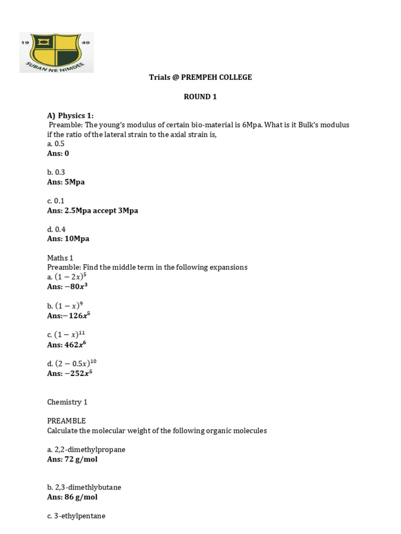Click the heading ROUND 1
click(200, 96)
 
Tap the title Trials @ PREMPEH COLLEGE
click(200, 77)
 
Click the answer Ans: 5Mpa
click(66, 182)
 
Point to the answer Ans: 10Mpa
click(68, 238)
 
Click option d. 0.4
click(56, 229)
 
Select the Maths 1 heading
click(60, 258)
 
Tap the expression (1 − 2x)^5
click(70, 277)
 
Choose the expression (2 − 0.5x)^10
click(76, 363)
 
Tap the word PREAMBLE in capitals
click(66, 421)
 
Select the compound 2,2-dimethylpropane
click(90, 450)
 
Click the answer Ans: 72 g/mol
click(72, 459)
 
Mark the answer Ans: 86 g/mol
click(72, 497)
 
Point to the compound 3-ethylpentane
click(80, 516)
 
